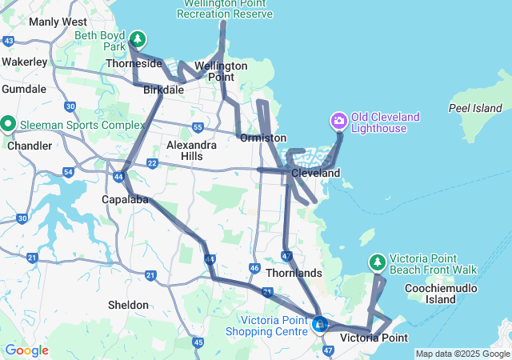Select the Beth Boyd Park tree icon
pos(138,38)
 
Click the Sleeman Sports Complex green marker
pos(8,124)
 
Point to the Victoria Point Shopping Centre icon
pos(320,324)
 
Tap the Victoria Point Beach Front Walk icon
pos(377,262)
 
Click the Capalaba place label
pos(125,199)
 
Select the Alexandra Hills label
pos(190,150)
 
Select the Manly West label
pos(58,22)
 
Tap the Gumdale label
pos(23,89)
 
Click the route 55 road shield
pos(198,127)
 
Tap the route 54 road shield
pos(68,172)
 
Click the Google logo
pos(26,350)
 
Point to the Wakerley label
pos(24,61)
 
